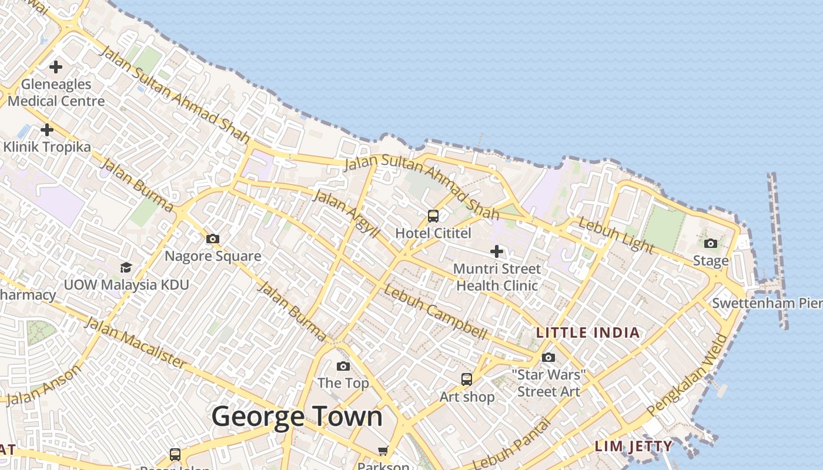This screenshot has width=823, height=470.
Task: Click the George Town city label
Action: [x=297, y=417]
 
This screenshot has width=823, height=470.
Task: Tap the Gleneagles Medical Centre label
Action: [x=56, y=93]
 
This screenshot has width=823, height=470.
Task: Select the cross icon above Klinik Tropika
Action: [x=47, y=130]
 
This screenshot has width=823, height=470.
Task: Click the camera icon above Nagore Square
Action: [x=213, y=239]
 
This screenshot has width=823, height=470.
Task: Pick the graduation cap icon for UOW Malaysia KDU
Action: [x=126, y=268]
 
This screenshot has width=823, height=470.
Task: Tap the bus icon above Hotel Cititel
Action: [x=433, y=216]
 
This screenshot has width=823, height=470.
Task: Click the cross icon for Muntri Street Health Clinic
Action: [x=497, y=252]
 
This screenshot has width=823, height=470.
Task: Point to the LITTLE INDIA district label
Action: [x=588, y=333]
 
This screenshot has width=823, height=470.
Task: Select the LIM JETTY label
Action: [x=633, y=446]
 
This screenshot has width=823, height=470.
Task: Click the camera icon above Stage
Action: [x=711, y=243]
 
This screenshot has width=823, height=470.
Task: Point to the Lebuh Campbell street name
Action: [x=436, y=313]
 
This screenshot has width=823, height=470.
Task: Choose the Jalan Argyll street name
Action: [x=346, y=213]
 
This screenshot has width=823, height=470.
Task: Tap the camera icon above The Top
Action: [x=343, y=366]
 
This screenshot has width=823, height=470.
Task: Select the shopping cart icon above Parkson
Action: [x=383, y=451]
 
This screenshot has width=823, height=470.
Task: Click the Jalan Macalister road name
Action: [x=135, y=343]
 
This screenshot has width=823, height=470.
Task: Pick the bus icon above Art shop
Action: [x=467, y=380]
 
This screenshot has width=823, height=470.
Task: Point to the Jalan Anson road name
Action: [x=45, y=385]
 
